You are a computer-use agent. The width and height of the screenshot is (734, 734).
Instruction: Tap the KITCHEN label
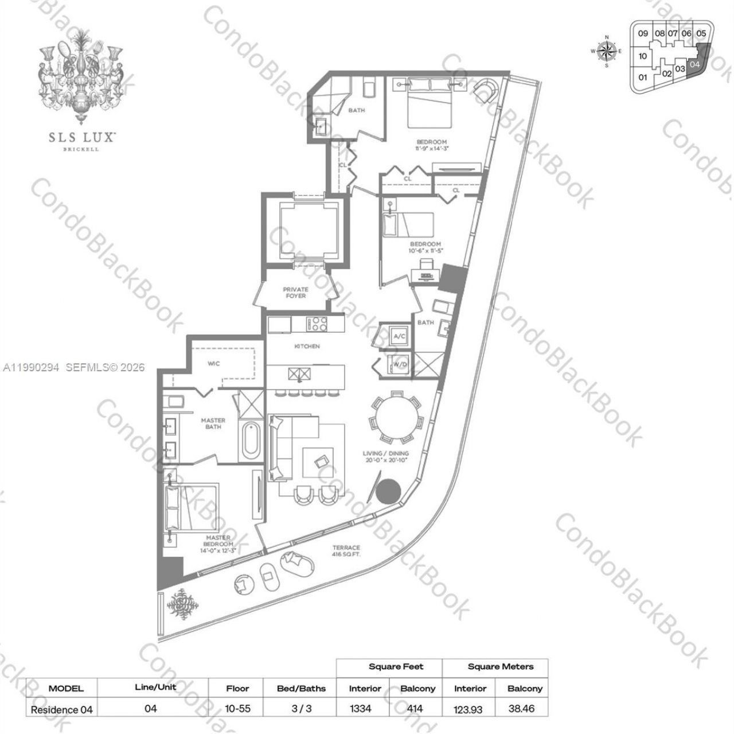[x=307, y=347]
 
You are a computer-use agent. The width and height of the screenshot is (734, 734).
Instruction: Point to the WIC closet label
[x=213, y=363]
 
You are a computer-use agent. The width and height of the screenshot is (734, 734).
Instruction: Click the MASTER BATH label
[x=213, y=424]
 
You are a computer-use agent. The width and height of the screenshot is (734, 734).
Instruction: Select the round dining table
[x=396, y=418]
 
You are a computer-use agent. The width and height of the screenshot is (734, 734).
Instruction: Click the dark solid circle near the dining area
[x=389, y=491]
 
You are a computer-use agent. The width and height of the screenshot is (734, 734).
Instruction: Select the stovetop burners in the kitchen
[x=317, y=324]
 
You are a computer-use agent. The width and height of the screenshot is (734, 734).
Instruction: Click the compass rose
[x=606, y=51]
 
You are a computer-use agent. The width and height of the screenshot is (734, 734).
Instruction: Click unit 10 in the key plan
[x=642, y=56]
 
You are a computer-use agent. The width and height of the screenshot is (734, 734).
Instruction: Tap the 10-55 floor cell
[x=237, y=708]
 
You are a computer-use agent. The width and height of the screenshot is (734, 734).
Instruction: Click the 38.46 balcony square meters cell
[x=521, y=708]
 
